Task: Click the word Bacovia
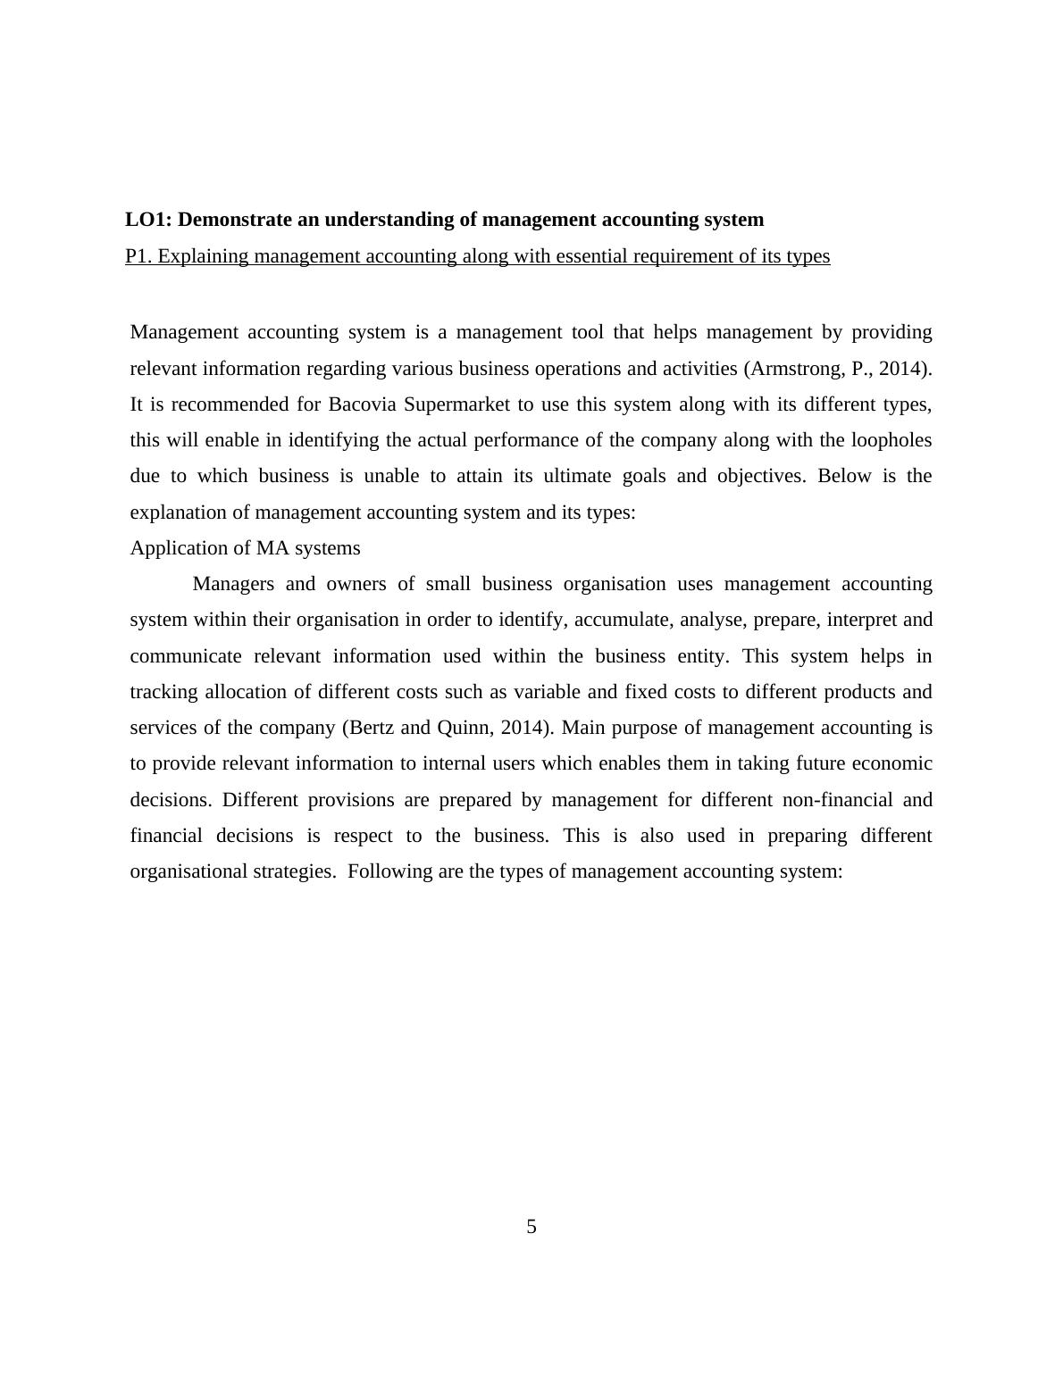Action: [x=363, y=404]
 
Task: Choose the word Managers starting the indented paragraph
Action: [x=233, y=584]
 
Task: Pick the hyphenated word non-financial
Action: [x=837, y=800]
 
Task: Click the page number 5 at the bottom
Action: [x=531, y=1227]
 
